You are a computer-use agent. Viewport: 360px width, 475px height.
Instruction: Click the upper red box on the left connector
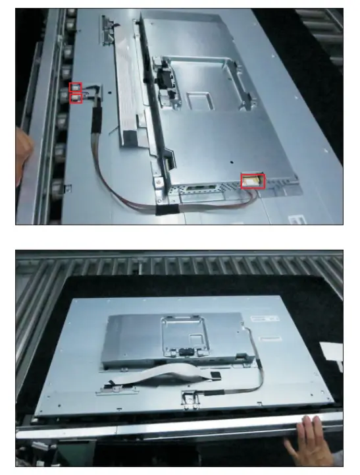(x=76, y=88)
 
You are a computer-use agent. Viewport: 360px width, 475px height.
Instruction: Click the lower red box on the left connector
(x=76, y=99)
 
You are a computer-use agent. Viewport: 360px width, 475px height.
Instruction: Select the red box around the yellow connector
(x=253, y=179)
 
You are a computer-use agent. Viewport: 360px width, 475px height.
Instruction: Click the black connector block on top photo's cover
(x=164, y=76)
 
